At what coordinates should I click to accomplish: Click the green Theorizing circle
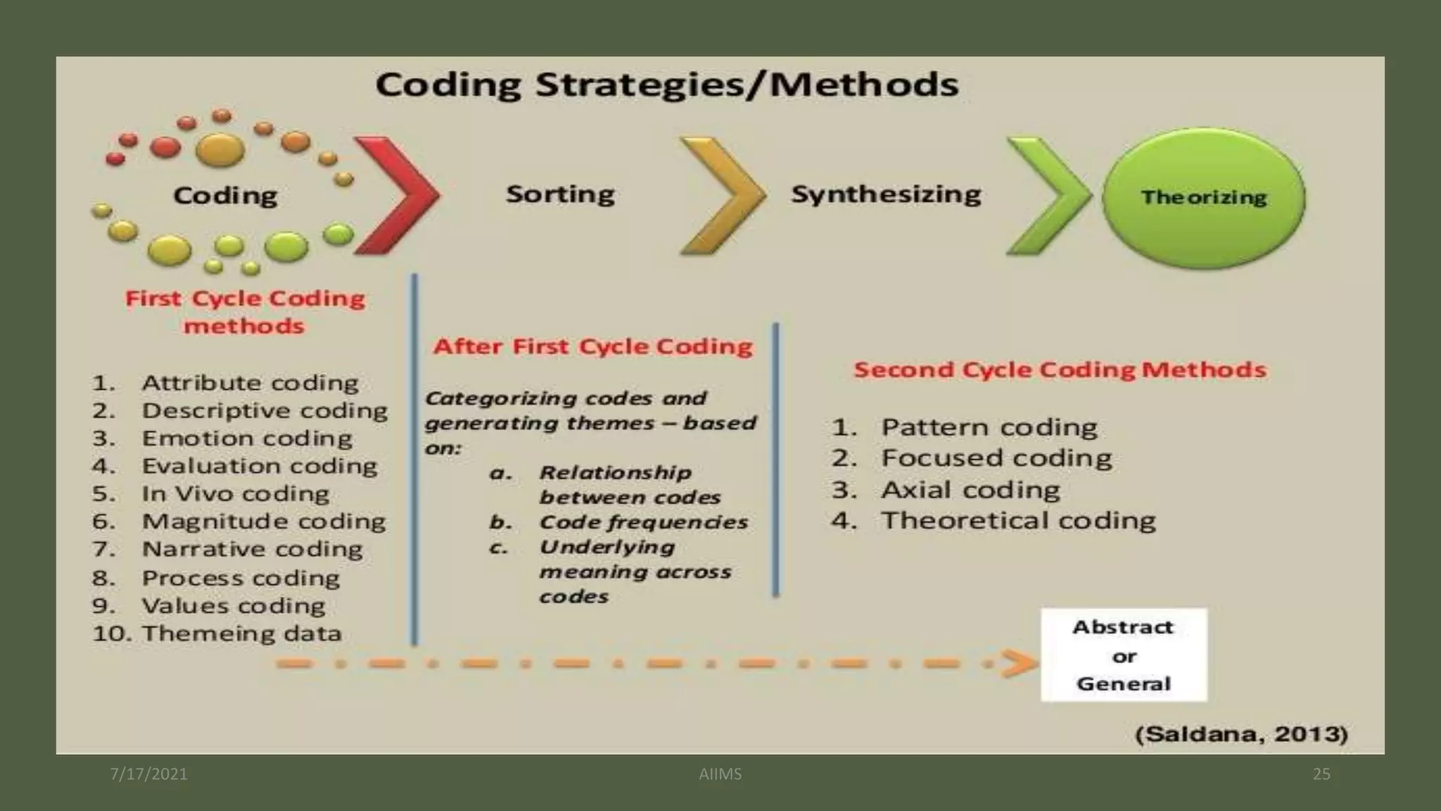pos(1203,198)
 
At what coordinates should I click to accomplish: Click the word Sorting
pos(560,194)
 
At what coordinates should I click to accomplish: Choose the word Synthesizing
pos(886,194)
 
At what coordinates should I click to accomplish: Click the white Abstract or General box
pos(1124,655)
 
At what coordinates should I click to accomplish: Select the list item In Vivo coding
pos(235,493)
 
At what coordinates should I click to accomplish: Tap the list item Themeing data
pos(241,633)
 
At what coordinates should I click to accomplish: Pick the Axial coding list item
pos(970,489)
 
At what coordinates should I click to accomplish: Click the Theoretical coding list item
pos(1018,520)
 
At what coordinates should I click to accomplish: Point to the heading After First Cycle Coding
pos(592,346)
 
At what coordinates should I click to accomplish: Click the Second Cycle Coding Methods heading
pos(1060,370)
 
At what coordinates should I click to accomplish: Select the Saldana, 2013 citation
pos(1242,734)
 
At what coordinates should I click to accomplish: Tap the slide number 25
pos(1321,774)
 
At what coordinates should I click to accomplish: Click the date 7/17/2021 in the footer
pos(149,774)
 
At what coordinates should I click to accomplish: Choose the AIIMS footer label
pos(720,774)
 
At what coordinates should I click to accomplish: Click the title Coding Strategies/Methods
pos(666,84)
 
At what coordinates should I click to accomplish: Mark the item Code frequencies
pos(643,522)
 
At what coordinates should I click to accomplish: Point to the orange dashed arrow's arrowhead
pos(1020,663)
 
